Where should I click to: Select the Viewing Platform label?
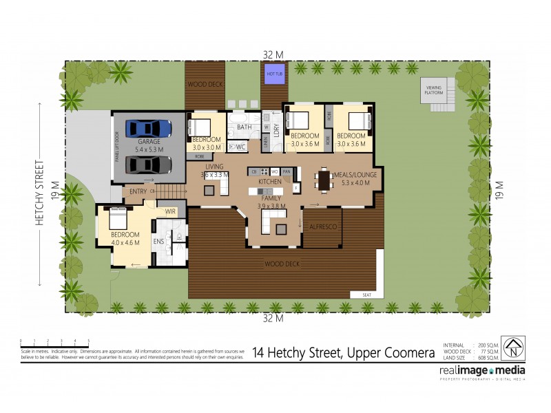pyautogui.click(x=434, y=89)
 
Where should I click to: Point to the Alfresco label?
pyautogui.click(x=322, y=226)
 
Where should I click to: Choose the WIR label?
pyautogui.click(x=170, y=211)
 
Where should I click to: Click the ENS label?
pyautogui.click(x=158, y=241)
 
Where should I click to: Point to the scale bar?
pyautogui.click(x=54, y=342)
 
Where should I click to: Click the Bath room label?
pyautogui.click(x=244, y=127)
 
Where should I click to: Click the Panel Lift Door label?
pyautogui.click(x=117, y=145)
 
